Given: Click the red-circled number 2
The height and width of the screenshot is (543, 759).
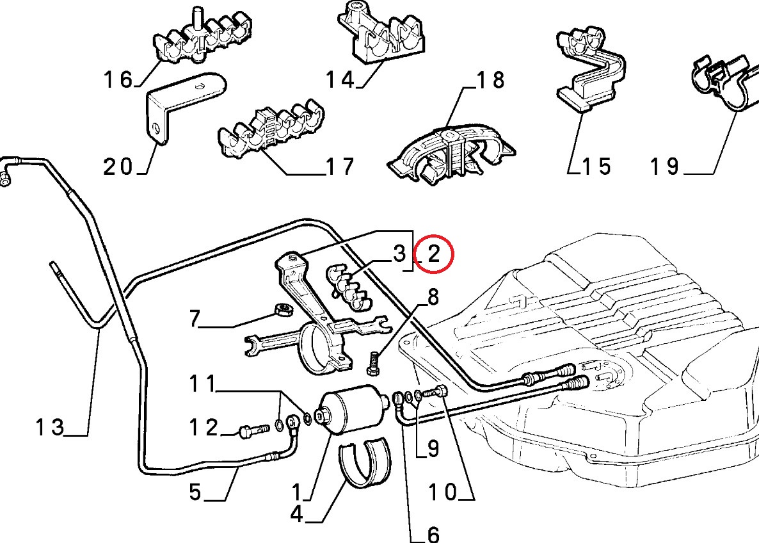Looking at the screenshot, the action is pos(434,254).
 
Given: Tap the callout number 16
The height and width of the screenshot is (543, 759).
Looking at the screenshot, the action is pos(118,79).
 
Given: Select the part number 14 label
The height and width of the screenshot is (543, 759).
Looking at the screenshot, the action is pos(340,79).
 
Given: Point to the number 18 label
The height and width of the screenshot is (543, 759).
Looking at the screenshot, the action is pos(490,80).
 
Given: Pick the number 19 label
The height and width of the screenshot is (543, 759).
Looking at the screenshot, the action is pos(665,166).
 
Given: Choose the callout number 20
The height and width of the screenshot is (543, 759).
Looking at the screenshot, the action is pos(118,167).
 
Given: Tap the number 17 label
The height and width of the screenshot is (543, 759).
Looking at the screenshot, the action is pos(340,166).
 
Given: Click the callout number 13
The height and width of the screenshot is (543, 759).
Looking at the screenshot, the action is pos(50,427).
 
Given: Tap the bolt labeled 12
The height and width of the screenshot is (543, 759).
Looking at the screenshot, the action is pos(253,430).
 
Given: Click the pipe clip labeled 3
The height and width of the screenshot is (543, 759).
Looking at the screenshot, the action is pos(348,288).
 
